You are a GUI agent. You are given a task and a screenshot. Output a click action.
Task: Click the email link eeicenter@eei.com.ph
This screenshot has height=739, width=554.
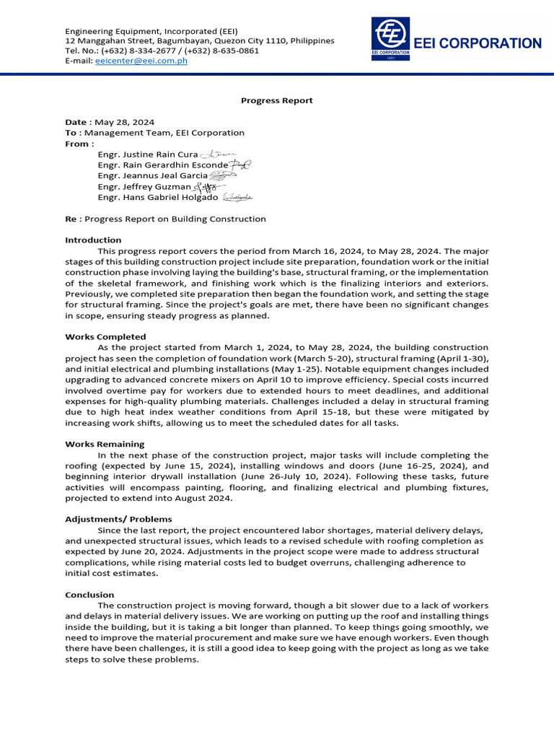(141, 61)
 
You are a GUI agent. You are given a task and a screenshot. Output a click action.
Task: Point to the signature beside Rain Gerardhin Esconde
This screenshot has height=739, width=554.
(240, 165)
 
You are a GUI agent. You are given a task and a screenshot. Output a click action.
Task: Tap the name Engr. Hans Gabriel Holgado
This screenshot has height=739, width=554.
(157, 197)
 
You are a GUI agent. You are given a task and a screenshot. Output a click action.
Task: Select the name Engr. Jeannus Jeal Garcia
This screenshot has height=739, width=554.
(152, 175)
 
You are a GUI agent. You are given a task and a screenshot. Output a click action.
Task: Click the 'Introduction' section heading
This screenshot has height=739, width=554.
(93, 240)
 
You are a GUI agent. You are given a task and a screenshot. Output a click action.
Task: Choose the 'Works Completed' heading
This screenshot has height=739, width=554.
(105, 337)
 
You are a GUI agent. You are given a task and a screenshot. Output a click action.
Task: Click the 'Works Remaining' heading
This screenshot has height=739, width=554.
(105, 445)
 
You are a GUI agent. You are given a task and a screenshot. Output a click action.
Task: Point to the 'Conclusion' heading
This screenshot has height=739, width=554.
(89, 595)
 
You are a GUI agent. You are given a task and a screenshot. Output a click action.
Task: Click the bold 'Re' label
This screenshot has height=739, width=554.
(71, 219)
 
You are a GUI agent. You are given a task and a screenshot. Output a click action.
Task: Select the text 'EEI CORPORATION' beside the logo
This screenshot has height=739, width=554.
(478, 43)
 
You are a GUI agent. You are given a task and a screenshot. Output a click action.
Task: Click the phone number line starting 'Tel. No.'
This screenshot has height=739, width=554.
(162, 51)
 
